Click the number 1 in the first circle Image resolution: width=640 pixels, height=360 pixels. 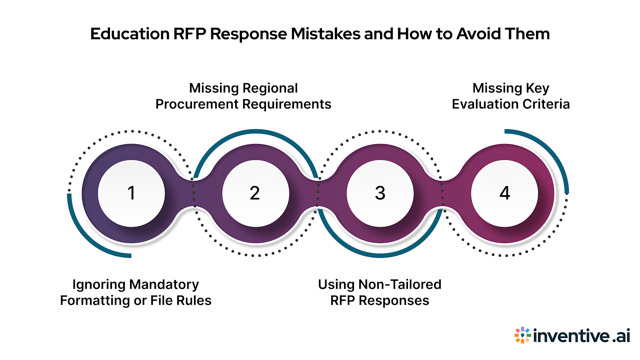tap(131, 193)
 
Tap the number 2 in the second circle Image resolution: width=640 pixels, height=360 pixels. tap(255, 193)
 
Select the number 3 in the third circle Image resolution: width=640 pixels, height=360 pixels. tap(380, 193)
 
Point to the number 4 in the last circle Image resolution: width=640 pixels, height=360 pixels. tap(505, 193)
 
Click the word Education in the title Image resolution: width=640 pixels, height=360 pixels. tap(130, 34)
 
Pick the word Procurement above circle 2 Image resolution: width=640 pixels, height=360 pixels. tap(197, 104)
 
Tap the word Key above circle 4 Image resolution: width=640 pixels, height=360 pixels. tap(538, 88)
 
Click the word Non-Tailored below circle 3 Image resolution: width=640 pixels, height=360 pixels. tap(400, 284)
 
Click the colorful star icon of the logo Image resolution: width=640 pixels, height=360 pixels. tap(522, 335)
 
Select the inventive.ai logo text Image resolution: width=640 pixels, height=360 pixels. tap(582, 336)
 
